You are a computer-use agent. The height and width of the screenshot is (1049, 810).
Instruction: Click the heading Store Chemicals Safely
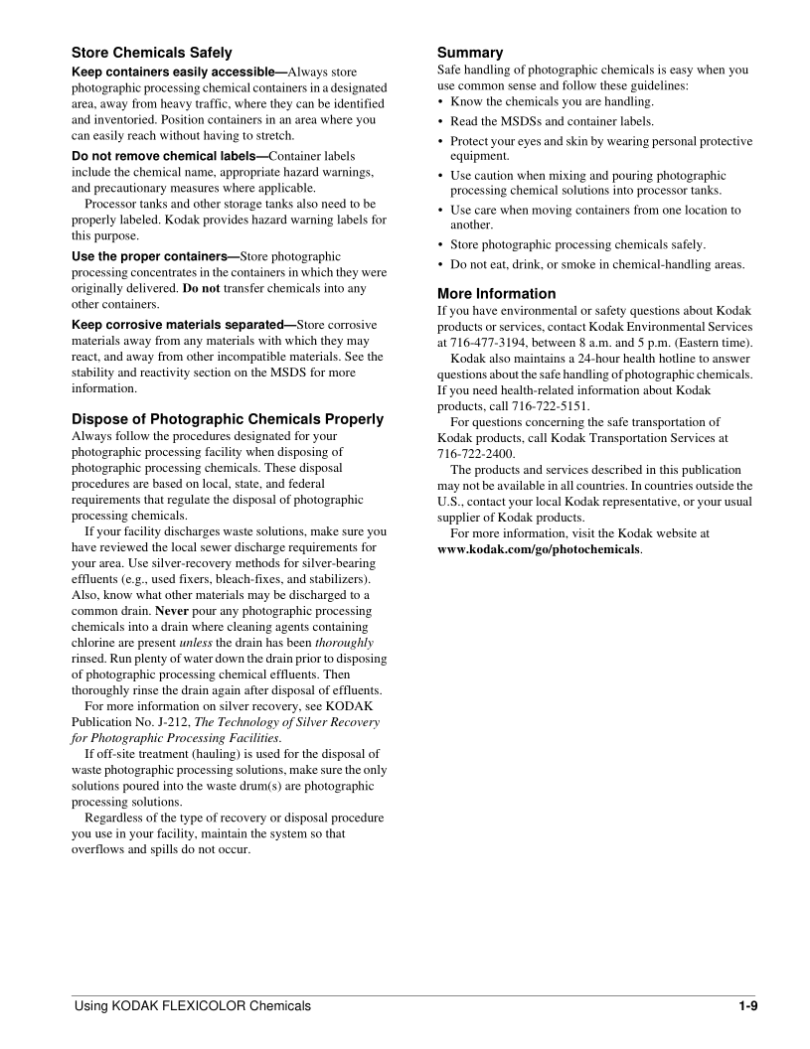pyautogui.click(x=152, y=53)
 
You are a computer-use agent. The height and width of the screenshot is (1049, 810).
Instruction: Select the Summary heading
pyautogui.click(x=470, y=53)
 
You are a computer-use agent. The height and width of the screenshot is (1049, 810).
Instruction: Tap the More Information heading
pyautogui.click(x=497, y=294)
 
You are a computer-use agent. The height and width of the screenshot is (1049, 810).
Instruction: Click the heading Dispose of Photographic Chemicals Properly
pyautogui.click(x=228, y=419)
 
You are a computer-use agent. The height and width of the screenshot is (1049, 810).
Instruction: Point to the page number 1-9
pyautogui.click(x=748, y=1006)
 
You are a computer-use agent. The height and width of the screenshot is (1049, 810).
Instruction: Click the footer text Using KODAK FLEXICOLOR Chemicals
pyautogui.click(x=193, y=1006)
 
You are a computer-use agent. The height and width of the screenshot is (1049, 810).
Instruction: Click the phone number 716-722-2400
pyautogui.click(x=476, y=454)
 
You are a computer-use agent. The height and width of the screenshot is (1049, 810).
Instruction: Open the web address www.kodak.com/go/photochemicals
pyautogui.click(x=539, y=549)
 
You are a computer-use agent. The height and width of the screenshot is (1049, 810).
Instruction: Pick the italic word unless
pyautogui.click(x=195, y=643)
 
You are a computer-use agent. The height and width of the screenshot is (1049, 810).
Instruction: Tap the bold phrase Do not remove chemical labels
pyautogui.click(x=167, y=157)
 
